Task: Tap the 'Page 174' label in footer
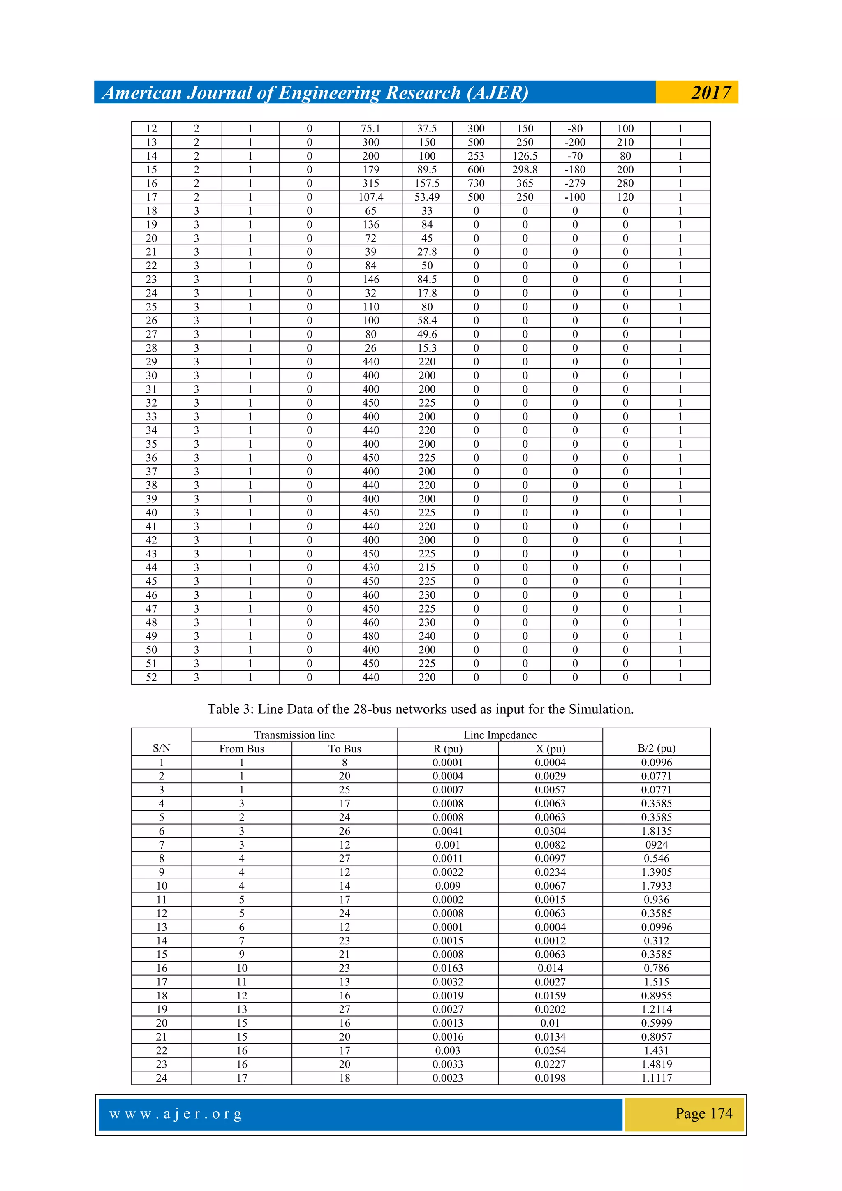[x=703, y=1113]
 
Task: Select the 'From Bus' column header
[x=241, y=749]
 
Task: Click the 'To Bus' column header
[x=345, y=749]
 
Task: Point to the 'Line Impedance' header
[x=500, y=735]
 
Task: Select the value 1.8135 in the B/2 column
[x=656, y=831]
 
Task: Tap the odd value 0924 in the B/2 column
[x=656, y=844]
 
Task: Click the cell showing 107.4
[x=370, y=197]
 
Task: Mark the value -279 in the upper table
[x=575, y=183]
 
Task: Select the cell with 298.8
[x=525, y=170]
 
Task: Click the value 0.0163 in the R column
[x=447, y=968]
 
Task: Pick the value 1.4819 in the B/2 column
[x=656, y=1064]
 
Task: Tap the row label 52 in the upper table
[x=151, y=677]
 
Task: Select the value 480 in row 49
[x=370, y=636]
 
